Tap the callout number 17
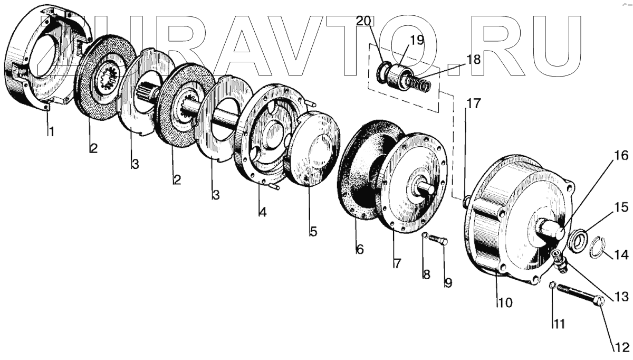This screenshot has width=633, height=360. tap(473, 103)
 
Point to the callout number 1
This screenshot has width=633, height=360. tap(51, 131)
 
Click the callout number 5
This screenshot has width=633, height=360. tap(313, 231)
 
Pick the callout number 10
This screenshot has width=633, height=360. tap(359, 250)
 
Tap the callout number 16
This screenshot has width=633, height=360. tap(621, 156)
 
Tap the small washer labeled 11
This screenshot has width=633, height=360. tap(552, 286)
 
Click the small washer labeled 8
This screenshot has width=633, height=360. tap(424, 235)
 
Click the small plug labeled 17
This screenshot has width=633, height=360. tap(466, 201)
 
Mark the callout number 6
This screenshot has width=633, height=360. tap(359, 250)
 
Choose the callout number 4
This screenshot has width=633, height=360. tap(262, 212)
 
